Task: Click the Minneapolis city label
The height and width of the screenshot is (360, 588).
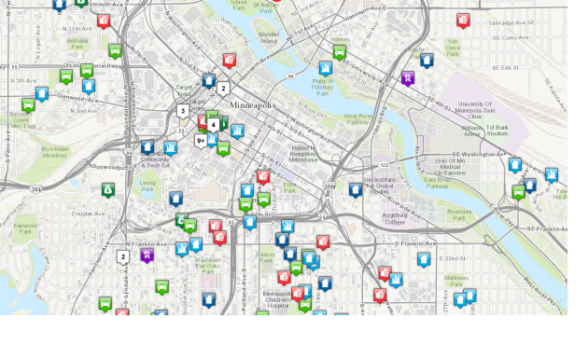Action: [252, 104]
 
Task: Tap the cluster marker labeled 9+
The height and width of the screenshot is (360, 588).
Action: [201, 141]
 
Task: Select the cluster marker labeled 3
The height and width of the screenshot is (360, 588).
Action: [183, 111]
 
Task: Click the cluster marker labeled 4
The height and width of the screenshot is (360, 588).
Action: [214, 124]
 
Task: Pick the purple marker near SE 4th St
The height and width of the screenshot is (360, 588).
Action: [408, 77]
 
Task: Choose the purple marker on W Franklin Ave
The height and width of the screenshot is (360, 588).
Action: [147, 254]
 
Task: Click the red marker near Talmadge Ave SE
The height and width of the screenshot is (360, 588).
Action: [463, 20]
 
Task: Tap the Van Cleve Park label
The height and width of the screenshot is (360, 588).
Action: [454, 47]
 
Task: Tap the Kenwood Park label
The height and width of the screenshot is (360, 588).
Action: [25, 228]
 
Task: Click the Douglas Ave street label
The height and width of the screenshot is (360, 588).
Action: [88, 214]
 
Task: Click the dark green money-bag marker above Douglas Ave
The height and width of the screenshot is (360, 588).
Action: [108, 189]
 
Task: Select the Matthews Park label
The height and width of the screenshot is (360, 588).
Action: [455, 280]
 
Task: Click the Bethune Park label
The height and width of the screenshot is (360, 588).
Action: [77, 43]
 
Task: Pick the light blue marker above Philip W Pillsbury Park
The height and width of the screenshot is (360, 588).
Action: [326, 68]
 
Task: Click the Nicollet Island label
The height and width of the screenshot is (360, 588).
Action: [270, 38]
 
